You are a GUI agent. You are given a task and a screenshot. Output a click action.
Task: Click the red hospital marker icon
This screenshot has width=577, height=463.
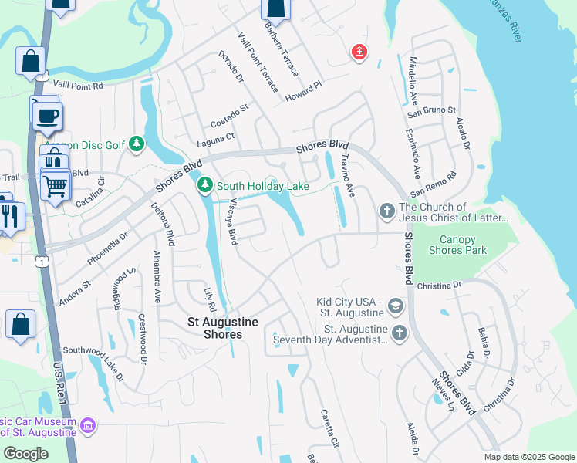[359, 52]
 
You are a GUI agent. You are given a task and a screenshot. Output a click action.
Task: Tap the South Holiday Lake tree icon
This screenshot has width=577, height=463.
[205, 185]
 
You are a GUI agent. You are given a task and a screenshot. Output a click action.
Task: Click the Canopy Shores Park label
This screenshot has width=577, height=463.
[457, 245]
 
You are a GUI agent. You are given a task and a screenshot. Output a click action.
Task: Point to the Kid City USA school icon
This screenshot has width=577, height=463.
[396, 307]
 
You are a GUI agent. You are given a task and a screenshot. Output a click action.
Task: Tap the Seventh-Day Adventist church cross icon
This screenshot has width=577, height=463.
[399, 333]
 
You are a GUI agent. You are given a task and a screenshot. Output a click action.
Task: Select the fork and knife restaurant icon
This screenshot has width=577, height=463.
[10, 215]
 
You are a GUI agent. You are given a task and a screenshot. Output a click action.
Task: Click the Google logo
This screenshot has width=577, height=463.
[25, 454]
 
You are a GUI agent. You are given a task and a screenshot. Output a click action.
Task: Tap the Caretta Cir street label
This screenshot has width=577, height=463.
[329, 428]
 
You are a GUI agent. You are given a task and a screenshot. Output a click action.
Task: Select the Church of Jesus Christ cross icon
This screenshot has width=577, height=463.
[386, 211]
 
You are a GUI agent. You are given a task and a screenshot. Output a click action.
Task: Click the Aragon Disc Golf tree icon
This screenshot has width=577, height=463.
[137, 144]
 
